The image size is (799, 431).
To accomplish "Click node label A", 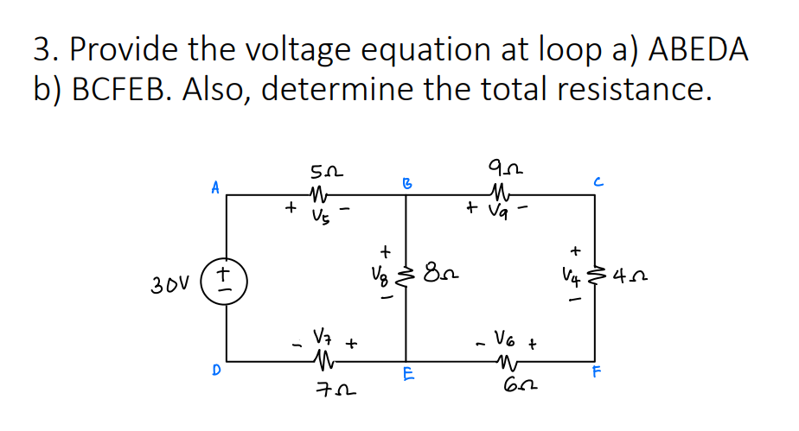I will (x=214, y=185).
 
